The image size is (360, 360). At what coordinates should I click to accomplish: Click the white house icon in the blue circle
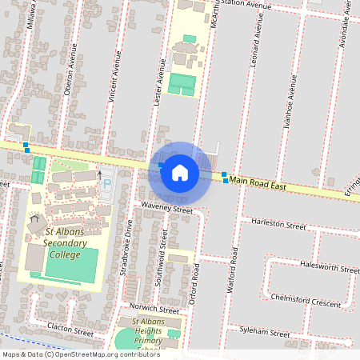tap(179, 172)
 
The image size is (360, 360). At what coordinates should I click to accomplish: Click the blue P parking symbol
tap(107, 185)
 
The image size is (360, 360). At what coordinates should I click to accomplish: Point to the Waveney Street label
tap(167, 209)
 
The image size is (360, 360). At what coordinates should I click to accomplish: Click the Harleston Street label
tap(278, 226)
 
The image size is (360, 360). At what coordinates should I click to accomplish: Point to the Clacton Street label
tap(70, 330)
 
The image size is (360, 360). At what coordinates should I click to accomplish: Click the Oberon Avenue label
tap(71, 74)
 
